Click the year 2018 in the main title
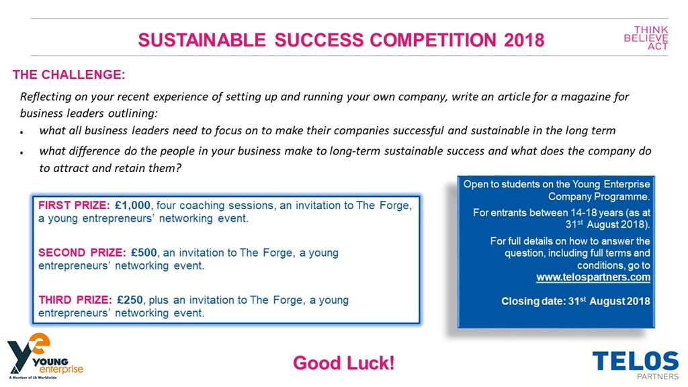(x=524, y=40)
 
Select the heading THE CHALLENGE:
(x=69, y=75)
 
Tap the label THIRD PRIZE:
(x=74, y=300)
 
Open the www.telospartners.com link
(x=593, y=277)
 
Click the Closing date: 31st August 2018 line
(x=576, y=301)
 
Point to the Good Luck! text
(x=343, y=363)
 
